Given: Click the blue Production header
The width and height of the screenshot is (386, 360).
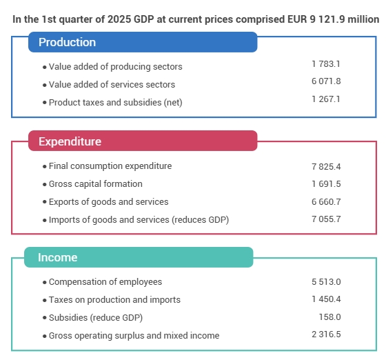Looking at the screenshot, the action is click(x=143, y=42).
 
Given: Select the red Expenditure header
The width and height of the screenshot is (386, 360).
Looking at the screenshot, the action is click(x=143, y=141).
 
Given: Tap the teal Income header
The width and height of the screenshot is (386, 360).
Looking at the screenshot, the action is click(x=139, y=257).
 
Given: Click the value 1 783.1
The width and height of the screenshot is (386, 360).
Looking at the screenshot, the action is click(x=326, y=64).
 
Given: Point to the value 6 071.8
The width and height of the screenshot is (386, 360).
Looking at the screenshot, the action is click(x=326, y=81).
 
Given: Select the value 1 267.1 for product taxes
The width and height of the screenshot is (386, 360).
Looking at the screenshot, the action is click(x=326, y=99).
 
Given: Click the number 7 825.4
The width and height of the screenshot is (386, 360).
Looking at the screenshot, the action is click(x=326, y=167).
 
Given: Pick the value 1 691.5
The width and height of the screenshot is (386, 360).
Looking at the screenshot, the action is click(x=326, y=184).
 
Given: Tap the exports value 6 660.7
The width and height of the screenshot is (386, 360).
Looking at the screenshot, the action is click(x=326, y=202).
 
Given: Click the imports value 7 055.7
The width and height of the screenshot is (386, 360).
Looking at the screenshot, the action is click(x=326, y=219).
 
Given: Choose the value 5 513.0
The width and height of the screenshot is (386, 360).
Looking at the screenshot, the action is click(x=326, y=282).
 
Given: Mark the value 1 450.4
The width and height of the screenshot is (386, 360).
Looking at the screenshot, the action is click(x=326, y=299).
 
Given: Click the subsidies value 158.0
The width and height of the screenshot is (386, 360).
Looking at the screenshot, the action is click(x=330, y=317).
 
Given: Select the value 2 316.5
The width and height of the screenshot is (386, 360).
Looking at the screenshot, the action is click(x=326, y=334).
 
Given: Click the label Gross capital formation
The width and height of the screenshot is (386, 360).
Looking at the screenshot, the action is click(x=96, y=184).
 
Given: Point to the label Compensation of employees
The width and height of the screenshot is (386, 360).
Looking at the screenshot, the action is click(x=105, y=282).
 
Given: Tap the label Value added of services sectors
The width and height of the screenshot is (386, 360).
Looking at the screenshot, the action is click(x=112, y=85).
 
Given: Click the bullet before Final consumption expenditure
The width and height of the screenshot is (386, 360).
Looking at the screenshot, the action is click(x=45, y=167).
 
